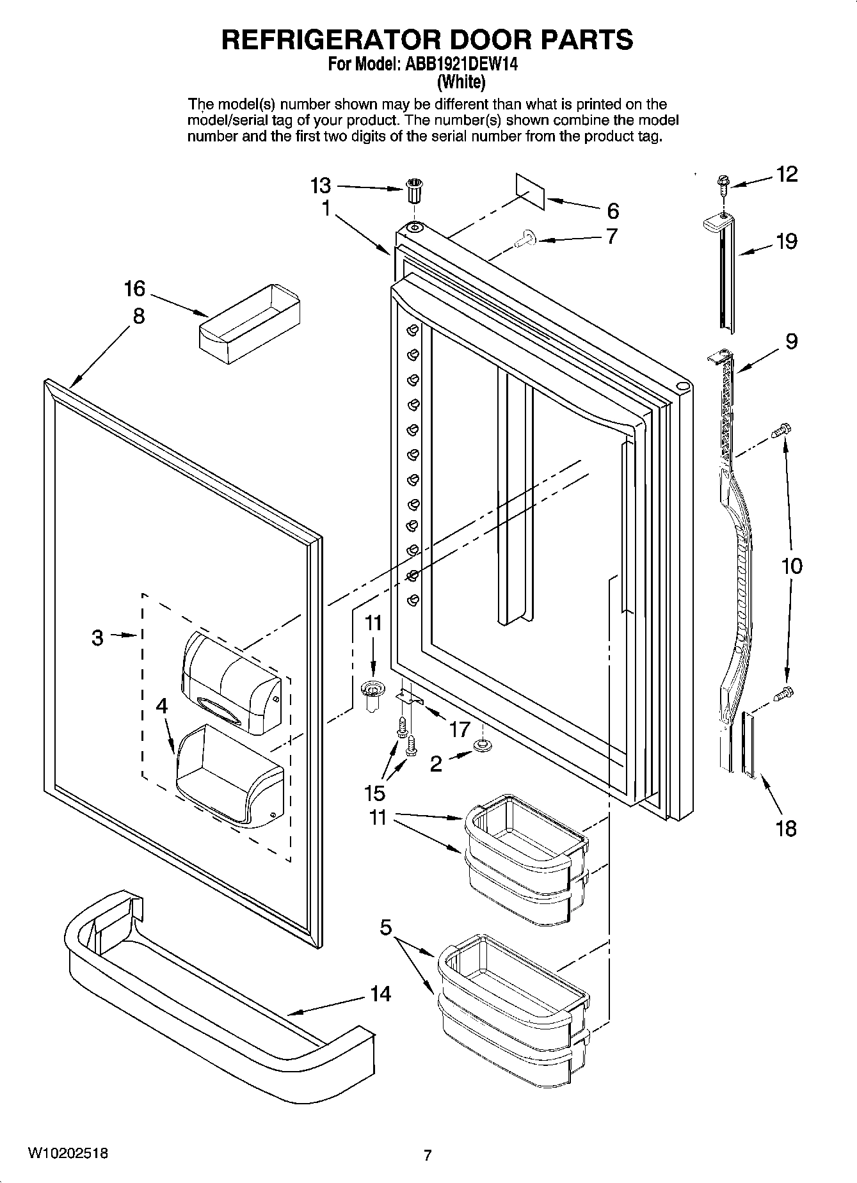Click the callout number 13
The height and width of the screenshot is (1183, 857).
[x=321, y=186]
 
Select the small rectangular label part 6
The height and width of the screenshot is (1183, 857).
[x=530, y=190]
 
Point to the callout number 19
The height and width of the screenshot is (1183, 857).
[x=787, y=241]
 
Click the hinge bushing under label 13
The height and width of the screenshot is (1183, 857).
[x=414, y=190]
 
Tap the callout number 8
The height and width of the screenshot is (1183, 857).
[x=138, y=316]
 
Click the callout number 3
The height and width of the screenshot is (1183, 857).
[x=97, y=637]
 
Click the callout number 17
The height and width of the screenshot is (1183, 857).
[x=460, y=729]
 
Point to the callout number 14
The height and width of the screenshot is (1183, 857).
[x=380, y=994]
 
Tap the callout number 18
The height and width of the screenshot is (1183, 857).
[x=786, y=829]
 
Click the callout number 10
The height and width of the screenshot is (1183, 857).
[x=791, y=566]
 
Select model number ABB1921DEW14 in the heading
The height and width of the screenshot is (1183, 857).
[x=459, y=64]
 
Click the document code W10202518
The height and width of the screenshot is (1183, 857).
[x=67, y=1154]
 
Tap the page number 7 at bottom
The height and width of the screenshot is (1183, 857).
[x=428, y=1155]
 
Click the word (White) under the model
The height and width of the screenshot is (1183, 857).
[x=461, y=82]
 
